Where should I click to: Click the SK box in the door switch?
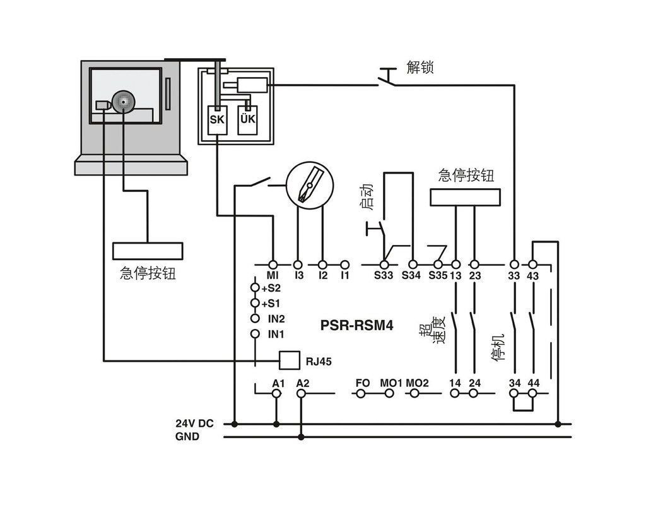pyautogui.click(x=216, y=119)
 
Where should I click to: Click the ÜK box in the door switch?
pyautogui.click(x=247, y=119)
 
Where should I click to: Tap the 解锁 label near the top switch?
pyautogui.click(x=420, y=68)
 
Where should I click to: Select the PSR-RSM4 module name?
pyautogui.click(x=357, y=326)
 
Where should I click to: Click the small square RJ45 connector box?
pyautogui.click(x=289, y=360)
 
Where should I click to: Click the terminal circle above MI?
pyautogui.click(x=273, y=264)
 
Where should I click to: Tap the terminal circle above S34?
pyautogui.click(x=413, y=264)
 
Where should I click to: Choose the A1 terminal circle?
pyautogui.click(x=276, y=393)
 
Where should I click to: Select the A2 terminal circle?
pyautogui.click(x=301, y=393)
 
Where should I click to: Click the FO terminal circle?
pyautogui.click(x=361, y=393)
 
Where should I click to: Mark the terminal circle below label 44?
pyautogui.click(x=533, y=393)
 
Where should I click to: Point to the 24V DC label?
pyautogui.click(x=194, y=424)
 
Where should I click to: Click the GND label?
pyautogui.click(x=187, y=436)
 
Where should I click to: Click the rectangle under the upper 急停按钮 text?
pyautogui.click(x=466, y=198)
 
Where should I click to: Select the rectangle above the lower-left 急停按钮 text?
pyautogui.click(x=147, y=251)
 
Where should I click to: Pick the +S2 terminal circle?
pyautogui.click(x=255, y=288)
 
